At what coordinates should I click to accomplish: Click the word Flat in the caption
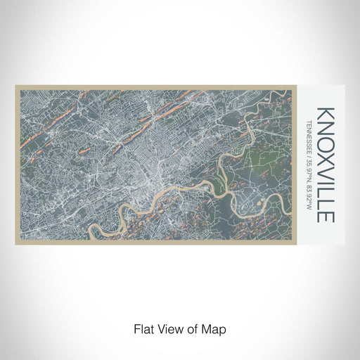pos(143,328)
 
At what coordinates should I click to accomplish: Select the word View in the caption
pos(169,328)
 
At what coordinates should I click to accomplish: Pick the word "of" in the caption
pos(191,328)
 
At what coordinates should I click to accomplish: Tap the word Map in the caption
pos(212,328)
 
